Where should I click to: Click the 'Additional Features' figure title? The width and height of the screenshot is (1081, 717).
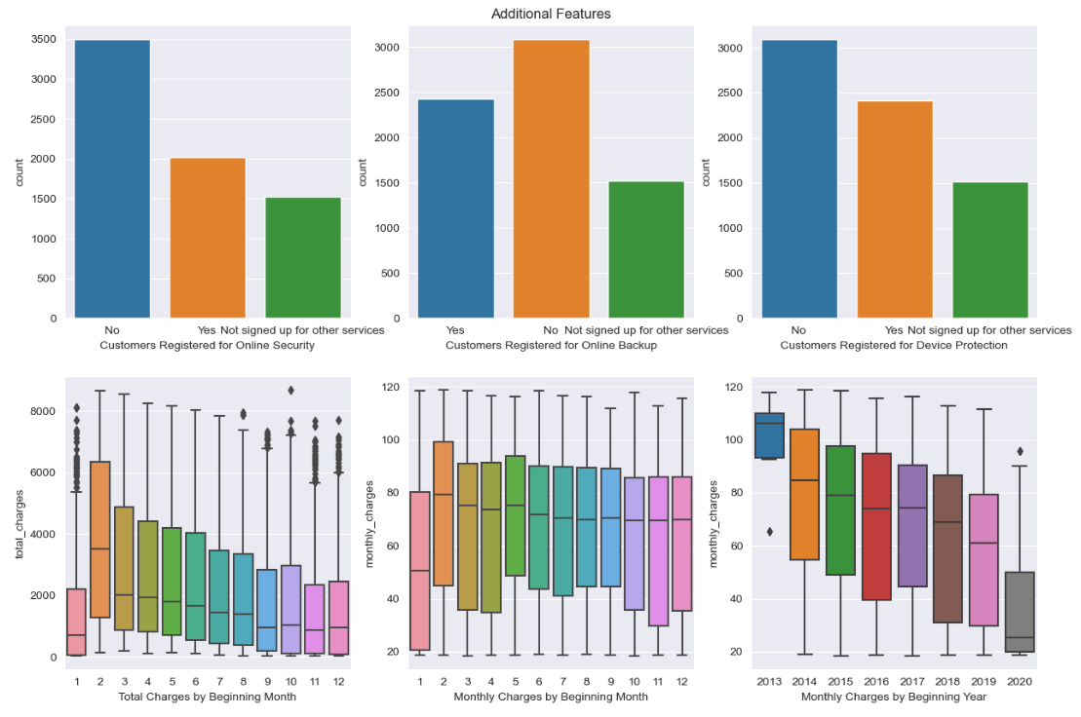(x=551, y=14)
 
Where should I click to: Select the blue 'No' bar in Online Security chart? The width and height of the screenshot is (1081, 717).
(x=112, y=179)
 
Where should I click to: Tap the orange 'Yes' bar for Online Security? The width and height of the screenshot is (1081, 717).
(x=208, y=239)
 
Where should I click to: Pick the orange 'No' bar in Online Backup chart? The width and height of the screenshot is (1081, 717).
(x=551, y=179)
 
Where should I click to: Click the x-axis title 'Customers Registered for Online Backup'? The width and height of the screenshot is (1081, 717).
(x=551, y=345)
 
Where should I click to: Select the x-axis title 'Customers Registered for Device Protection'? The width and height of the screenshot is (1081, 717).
(x=894, y=345)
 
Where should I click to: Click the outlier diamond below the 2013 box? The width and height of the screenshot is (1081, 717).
(x=769, y=532)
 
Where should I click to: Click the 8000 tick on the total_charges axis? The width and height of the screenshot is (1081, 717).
(x=43, y=412)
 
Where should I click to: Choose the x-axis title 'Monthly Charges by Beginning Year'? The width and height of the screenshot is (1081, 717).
(x=894, y=697)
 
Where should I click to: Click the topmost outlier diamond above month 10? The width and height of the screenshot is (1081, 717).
(x=290, y=390)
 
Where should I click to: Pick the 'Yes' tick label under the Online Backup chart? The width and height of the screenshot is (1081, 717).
(x=455, y=330)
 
